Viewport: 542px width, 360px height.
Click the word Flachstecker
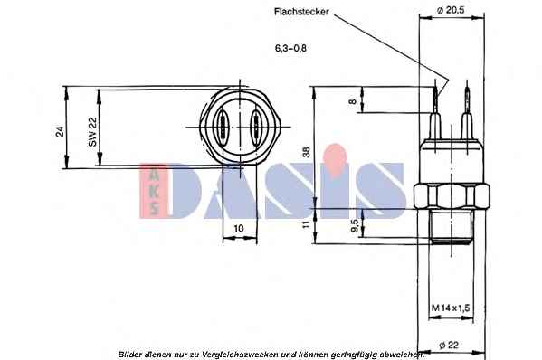pyautogui.click(x=301, y=12)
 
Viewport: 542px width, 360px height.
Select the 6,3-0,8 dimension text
pyautogui.click(x=290, y=48)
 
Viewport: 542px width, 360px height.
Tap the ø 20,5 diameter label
pyautogui.click(x=451, y=10)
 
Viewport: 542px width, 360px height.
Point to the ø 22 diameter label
pyautogui.click(x=449, y=345)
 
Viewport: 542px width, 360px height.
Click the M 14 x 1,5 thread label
pyautogui.click(x=451, y=308)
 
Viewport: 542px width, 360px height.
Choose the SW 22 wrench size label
pyautogui.click(x=92, y=132)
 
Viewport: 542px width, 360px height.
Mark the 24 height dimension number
pyautogui.click(x=60, y=131)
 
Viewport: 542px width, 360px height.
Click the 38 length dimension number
pyautogui.click(x=307, y=152)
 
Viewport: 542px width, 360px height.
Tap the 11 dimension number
pyautogui.click(x=306, y=224)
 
